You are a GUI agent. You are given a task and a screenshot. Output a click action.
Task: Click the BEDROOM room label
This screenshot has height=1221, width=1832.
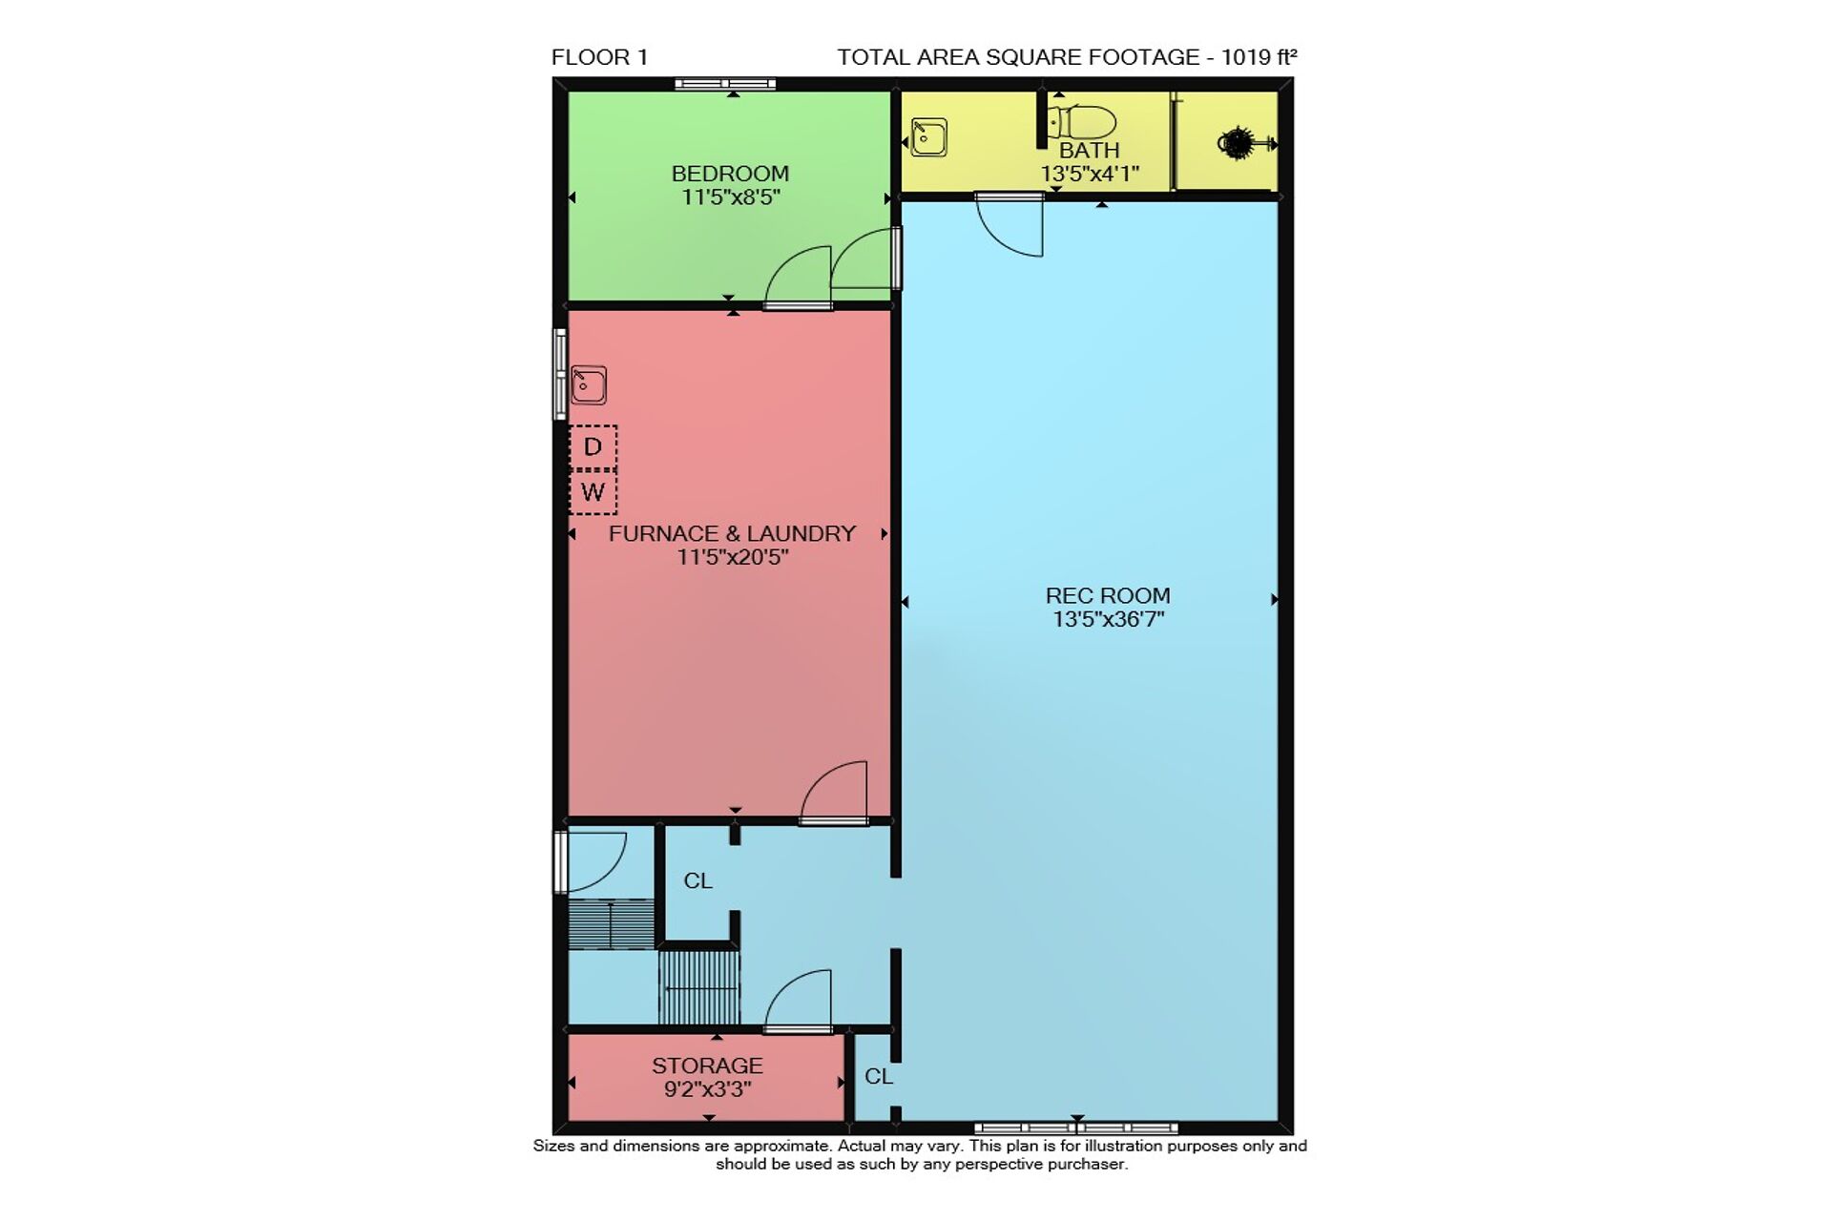pyautogui.click(x=730, y=174)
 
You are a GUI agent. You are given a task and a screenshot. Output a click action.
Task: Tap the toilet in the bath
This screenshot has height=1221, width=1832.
pyautogui.click(x=1082, y=123)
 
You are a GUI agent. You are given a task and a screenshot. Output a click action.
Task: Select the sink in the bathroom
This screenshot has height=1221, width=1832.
pyautogui.click(x=928, y=137)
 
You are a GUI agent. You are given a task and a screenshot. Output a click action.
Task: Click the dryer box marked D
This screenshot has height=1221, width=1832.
pyautogui.click(x=593, y=446)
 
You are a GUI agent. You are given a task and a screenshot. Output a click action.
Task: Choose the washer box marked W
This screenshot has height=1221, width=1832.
pyautogui.click(x=593, y=492)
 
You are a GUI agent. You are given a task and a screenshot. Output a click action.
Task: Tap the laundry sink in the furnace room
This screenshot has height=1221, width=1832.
pyautogui.click(x=589, y=385)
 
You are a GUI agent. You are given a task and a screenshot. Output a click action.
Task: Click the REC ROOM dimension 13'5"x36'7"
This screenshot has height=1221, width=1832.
pyautogui.click(x=1108, y=619)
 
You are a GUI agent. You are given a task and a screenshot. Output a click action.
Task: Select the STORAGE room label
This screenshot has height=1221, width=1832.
pyautogui.click(x=707, y=1066)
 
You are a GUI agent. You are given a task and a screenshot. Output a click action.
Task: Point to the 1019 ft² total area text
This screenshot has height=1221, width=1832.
pyautogui.click(x=1259, y=57)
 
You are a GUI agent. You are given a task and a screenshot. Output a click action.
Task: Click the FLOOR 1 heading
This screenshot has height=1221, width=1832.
pyautogui.click(x=599, y=57)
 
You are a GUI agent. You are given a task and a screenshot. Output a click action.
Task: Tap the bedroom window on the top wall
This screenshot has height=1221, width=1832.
pyautogui.click(x=725, y=84)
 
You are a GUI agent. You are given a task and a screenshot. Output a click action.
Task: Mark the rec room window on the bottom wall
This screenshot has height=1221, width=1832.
pyautogui.click(x=1076, y=1128)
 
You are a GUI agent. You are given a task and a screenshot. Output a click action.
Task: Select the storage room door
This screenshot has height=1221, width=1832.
pyautogui.click(x=799, y=1003)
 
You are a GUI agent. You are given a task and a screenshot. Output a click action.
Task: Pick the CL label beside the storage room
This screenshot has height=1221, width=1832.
pyautogui.click(x=879, y=1077)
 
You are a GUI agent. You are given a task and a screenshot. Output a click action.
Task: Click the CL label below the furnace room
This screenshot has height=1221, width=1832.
pyautogui.click(x=698, y=881)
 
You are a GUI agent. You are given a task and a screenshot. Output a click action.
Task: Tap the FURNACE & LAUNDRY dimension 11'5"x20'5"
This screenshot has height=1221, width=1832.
pyautogui.click(x=733, y=557)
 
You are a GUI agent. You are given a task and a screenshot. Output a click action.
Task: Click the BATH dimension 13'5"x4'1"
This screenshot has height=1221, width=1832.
pyautogui.click(x=1090, y=175)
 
